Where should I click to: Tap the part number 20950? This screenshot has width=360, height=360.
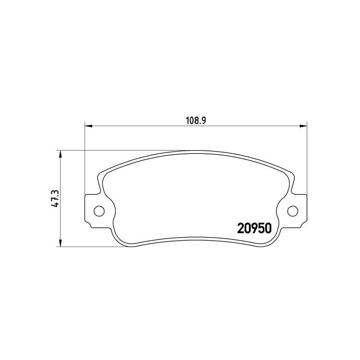click(x=253, y=229)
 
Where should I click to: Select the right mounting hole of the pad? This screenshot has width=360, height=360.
click(x=292, y=210)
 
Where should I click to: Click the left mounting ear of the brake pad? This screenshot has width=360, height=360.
click(x=94, y=210)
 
